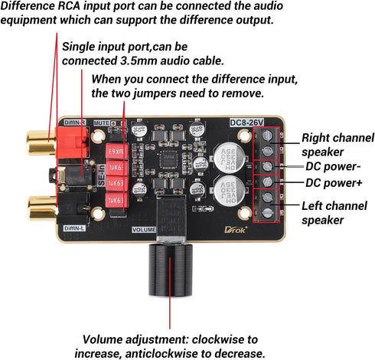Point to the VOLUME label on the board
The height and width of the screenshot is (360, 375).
pyautogui.click(x=144, y=229)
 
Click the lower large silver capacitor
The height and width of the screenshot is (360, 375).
pyautogui.click(x=229, y=189)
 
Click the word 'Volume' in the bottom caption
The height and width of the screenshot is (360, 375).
pyautogui.click(x=107, y=339)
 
